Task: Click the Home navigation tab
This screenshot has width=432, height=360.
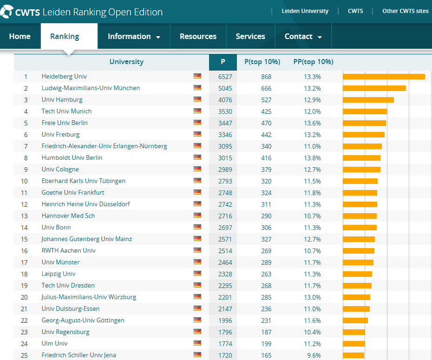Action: (20, 36)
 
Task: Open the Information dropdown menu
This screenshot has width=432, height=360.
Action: (134, 36)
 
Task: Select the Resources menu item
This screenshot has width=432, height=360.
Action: (198, 36)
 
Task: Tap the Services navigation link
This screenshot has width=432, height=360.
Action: (250, 36)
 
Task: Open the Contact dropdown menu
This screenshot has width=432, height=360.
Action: (303, 36)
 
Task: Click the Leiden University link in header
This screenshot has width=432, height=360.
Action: (305, 11)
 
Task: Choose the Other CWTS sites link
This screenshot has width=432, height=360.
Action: (405, 11)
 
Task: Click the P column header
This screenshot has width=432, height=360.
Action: (223, 62)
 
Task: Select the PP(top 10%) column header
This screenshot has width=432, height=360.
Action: (314, 62)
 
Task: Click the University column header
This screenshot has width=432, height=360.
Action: (126, 62)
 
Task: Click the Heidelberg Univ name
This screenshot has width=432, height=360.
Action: (64, 77)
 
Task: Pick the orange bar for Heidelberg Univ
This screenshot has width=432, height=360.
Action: (384, 77)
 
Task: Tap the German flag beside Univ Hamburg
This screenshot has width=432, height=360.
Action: (197, 99)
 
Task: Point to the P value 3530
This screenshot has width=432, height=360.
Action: (225, 111)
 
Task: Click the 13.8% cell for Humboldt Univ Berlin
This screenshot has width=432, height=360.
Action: (312, 158)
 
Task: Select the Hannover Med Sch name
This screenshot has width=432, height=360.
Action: (68, 216)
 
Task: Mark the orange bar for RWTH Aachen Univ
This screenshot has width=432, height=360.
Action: (359, 251)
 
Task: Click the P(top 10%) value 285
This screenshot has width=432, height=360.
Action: (266, 297)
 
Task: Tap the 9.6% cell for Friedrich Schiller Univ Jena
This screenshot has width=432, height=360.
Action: (314, 355)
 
